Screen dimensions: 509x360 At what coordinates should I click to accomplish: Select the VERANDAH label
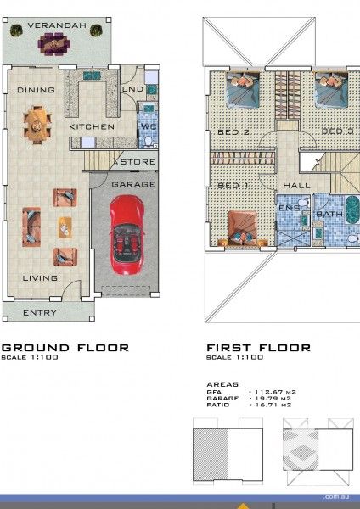tap(57, 26)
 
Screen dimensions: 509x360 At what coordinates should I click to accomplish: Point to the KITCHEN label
tap(91, 127)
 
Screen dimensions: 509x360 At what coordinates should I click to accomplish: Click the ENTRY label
tap(40, 313)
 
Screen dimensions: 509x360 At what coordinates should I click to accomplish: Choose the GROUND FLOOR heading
tap(65, 348)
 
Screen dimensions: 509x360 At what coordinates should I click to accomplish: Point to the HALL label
tap(296, 185)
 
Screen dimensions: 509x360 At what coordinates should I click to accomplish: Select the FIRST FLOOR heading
tap(258, 348)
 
